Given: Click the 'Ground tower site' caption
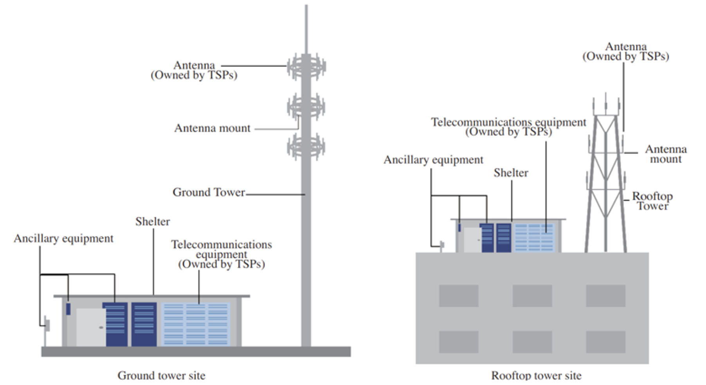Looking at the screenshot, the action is click(161, 375).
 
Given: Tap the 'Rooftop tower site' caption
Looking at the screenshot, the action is click(536, 375).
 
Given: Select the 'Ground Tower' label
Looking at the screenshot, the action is click(209, 192).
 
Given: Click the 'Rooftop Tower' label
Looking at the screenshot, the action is click(652, 201).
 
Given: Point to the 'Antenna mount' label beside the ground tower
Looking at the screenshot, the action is click(212, 128).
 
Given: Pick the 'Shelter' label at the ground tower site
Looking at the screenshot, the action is click(153, 222).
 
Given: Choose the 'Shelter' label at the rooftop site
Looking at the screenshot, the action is click(511, 173).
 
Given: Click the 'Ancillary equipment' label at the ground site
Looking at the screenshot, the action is click(63, 239).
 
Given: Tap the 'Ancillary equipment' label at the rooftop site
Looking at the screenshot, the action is click(433, 160).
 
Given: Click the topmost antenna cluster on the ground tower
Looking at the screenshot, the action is click(306, 67).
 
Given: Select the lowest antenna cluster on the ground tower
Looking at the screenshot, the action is click(306, 147).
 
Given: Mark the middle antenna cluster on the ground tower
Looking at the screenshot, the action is click(306, 107).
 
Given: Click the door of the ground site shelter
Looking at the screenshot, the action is click(91, 327).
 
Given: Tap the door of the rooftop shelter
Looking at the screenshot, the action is click(472, 240).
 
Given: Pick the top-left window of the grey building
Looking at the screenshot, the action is click(459, 296).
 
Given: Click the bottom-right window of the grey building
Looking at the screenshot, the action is click(605, 342).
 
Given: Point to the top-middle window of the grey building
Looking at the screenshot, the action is click(532, 296).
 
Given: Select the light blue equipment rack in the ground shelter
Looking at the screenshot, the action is click(195, 324).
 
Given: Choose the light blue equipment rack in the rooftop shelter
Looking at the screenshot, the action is click(534, 238).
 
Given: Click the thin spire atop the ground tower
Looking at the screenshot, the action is click(306, 30).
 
